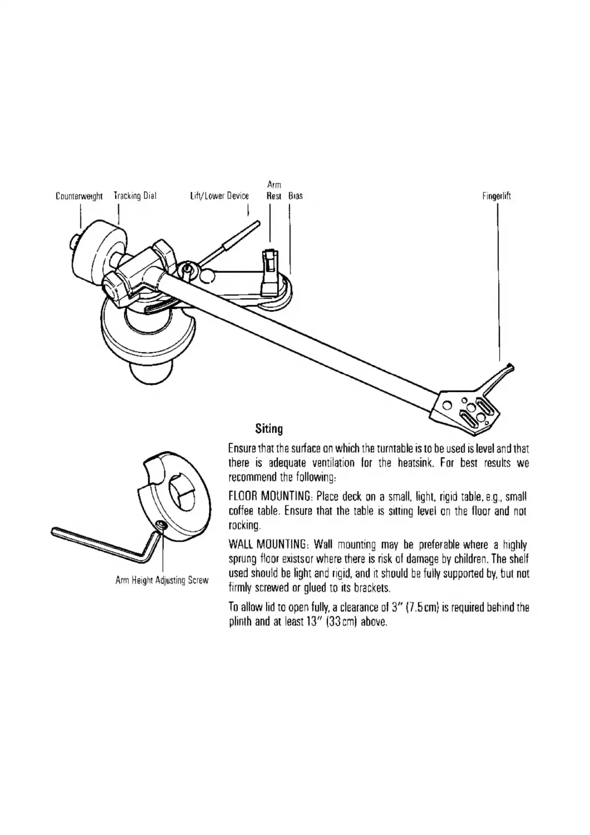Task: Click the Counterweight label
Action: [x=79, y=196]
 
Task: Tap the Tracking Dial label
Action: [x=135, y=195]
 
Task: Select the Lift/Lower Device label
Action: [x=219, y=196]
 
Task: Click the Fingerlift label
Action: [x=496, y=196]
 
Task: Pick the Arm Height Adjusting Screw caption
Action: [x=162, y=580]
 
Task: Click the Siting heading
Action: [x=269, y=428]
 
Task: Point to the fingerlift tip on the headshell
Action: [x=509, y=367]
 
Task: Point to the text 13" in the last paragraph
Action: [x=301, y=621]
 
